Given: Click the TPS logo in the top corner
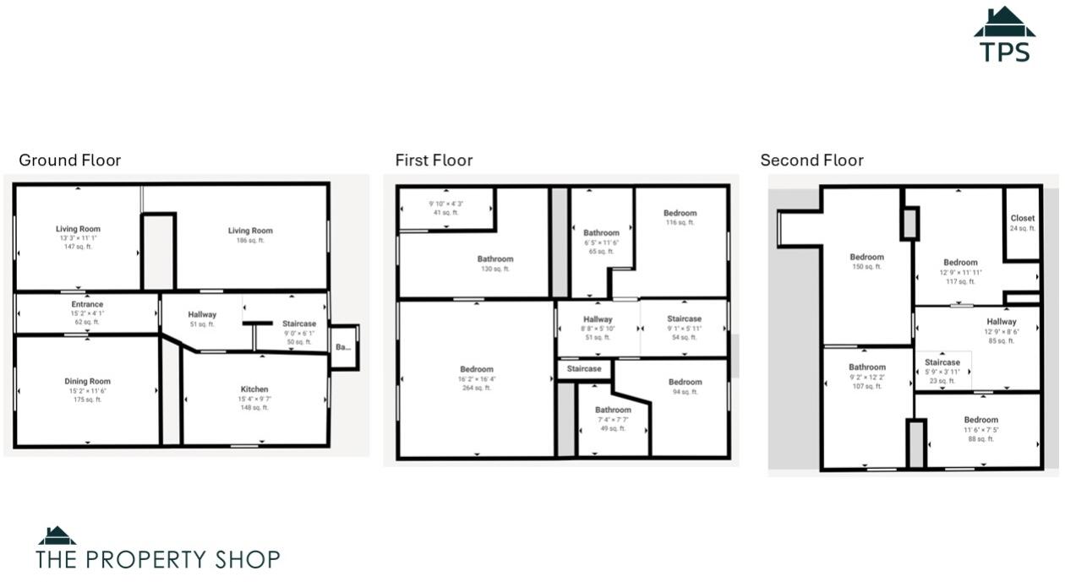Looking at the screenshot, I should [1004, 35].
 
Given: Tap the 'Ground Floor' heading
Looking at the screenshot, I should [70, 160].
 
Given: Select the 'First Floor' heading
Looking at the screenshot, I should [434, 160].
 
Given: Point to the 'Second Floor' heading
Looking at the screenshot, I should [811, 160].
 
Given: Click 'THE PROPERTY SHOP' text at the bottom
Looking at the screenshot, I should [158, 558].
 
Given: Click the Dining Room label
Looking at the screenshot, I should [87, 382].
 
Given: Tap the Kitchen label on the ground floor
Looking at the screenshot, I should [254, 389].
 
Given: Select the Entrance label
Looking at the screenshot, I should [87, 305].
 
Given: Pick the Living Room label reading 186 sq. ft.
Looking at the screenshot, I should [250, 231].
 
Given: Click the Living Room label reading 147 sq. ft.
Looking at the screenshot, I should [78, 229].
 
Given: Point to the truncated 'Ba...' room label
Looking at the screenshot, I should [342, 347].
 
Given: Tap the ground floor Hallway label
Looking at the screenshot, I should [202, 315].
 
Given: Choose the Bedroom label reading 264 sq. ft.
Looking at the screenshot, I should [476, 370].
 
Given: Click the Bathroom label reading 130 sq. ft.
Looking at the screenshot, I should [494, 259].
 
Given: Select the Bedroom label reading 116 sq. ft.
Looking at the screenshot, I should [680, 214].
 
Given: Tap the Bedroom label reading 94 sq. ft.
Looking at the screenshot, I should [685, 383].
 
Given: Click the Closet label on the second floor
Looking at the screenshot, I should [1022, 219].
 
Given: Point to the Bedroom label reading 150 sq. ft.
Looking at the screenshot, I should [866, 258].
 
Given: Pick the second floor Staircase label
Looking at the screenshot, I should [942, 363].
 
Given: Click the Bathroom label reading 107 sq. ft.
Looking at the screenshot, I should [867, 368].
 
